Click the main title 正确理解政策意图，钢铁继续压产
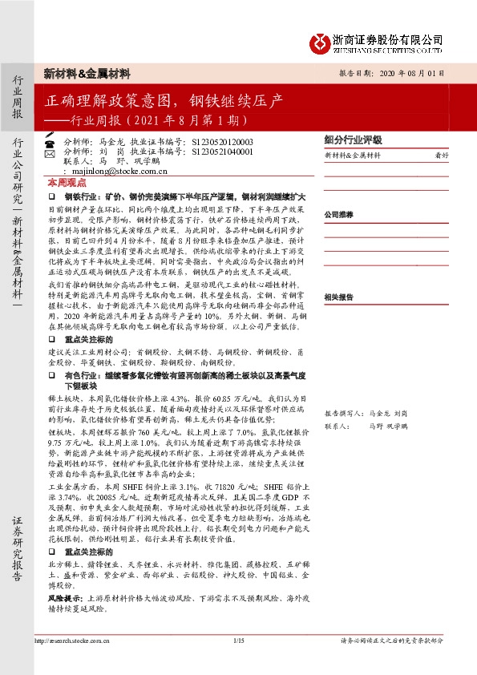[x=164, y=102]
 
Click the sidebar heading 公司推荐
[x=339, y=215]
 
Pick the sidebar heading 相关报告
[x=339, y=297]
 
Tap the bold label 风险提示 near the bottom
[x=66, y=598]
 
